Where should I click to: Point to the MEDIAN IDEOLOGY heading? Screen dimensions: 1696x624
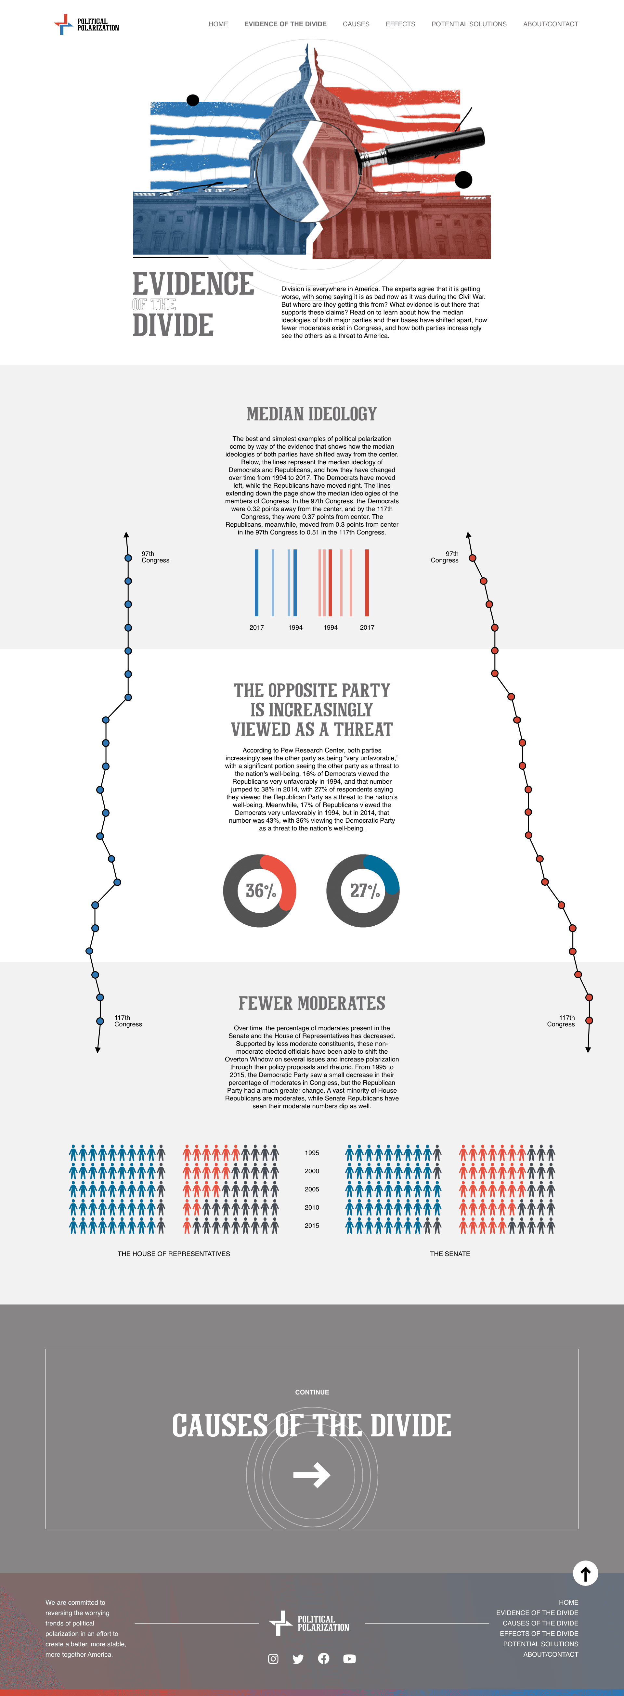tap(312, 414)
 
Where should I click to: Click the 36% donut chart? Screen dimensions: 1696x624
tap(260, 891)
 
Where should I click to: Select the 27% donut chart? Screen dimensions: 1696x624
tap(363, 891)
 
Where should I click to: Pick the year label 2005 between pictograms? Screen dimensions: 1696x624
tap(312, 1189)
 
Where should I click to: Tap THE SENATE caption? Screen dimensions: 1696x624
tap(450, 1253)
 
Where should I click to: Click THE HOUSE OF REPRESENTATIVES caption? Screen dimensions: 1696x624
tap(173, 1253)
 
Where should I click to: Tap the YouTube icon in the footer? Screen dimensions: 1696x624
tap(349, 1658)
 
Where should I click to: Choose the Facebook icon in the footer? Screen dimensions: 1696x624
tap(323, 1658)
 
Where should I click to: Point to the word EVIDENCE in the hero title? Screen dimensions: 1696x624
tap(193, 284)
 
